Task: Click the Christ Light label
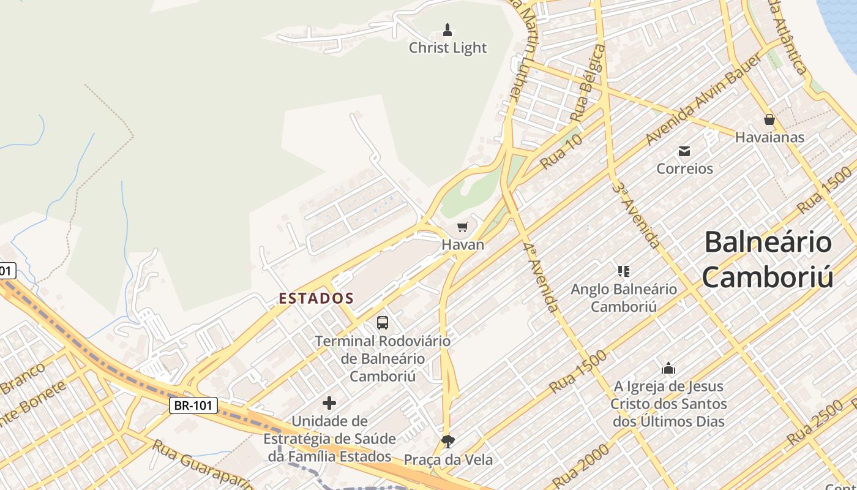pyautogui.click(x=447, y=48)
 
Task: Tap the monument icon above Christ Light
pyautogui.click(x=447, y=29)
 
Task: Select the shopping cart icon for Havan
pyautogui.click(x=463, y=227)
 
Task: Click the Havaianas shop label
pyautogui.click(x=769, y=137)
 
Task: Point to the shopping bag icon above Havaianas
pyautogui.click(x=769, y=119)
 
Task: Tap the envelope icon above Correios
pyautogui.click(x=684, y=151)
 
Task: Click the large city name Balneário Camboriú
pyautogui.click(x=768, y=259)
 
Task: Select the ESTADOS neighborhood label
pyautogui.click(x=316, y=299)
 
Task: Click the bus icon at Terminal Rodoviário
pyautogui.click(x=383, y=322)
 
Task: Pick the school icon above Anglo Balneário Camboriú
pyautogui.click(x=624, y=271)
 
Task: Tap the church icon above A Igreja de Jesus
pyautogui.click(x=668, y=369)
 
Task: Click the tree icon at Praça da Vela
pyautogui.click(x=448, y=441)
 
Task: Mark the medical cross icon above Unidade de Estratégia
pyautogui.click(x=329, y=402)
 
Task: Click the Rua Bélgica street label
pyautogui.click(x=587, y=83)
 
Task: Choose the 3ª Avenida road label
pyautogui.click(x=637, y=214)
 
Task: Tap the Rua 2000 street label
pyautogui.click(x=581, y=466)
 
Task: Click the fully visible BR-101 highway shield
pyautogui.click(x=193, y=405)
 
